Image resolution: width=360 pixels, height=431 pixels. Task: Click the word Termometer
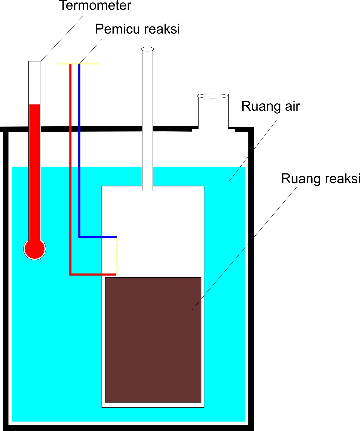tap(95, 5)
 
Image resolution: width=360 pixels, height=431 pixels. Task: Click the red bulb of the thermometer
tap(35, 249)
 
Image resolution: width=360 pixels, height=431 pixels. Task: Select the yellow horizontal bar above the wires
tap(89, 64)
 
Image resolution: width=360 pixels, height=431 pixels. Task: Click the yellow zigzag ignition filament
tap(117, 256)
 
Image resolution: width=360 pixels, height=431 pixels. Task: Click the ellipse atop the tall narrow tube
tap(147, 49)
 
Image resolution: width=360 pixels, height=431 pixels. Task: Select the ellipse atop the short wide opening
tap(213, 96)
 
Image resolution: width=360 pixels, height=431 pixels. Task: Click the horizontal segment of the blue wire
tap(97, 237)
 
